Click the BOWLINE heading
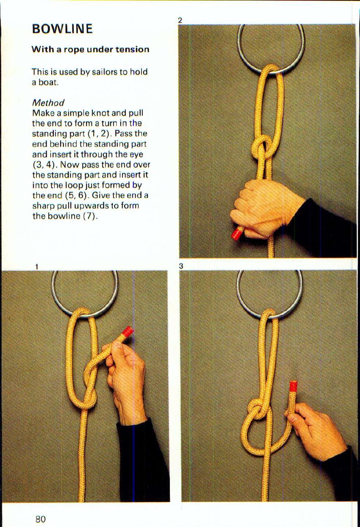point(62,29)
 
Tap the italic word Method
point(48,103)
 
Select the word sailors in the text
point(105,72)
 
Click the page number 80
point(40,519)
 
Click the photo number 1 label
point(36,266)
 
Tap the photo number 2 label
point(180,20)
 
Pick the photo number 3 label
point(181,266)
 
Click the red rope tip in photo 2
point(237,234)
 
